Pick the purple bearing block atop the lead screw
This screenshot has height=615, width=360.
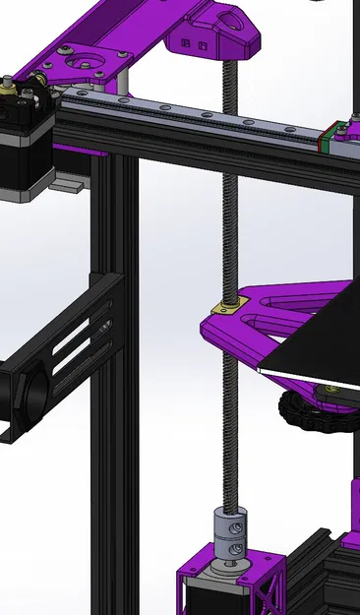(x=213, y=34)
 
